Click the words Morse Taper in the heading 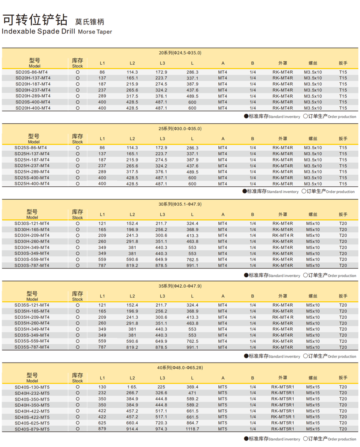pos(95,31)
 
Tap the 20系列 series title pos(180,53)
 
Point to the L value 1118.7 pos(192,429)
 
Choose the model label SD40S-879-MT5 pos(32,429)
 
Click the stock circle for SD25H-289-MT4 pos(77,172)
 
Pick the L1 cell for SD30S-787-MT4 pos(102,265)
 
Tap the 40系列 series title pos(180,368)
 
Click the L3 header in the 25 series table pos(162,139)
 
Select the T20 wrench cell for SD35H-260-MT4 pos(343,323)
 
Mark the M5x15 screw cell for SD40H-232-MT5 pos(313,393)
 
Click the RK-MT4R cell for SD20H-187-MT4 pos(283,84)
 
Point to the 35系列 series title pos(180,286)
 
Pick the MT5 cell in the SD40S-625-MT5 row pos(223,423)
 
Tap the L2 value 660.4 pos(132,423)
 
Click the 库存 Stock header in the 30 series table pos(77,214)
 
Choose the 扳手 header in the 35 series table pos(343,296)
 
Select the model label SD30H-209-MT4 pos(32,236)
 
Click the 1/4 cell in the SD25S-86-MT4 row pos(253,148)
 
